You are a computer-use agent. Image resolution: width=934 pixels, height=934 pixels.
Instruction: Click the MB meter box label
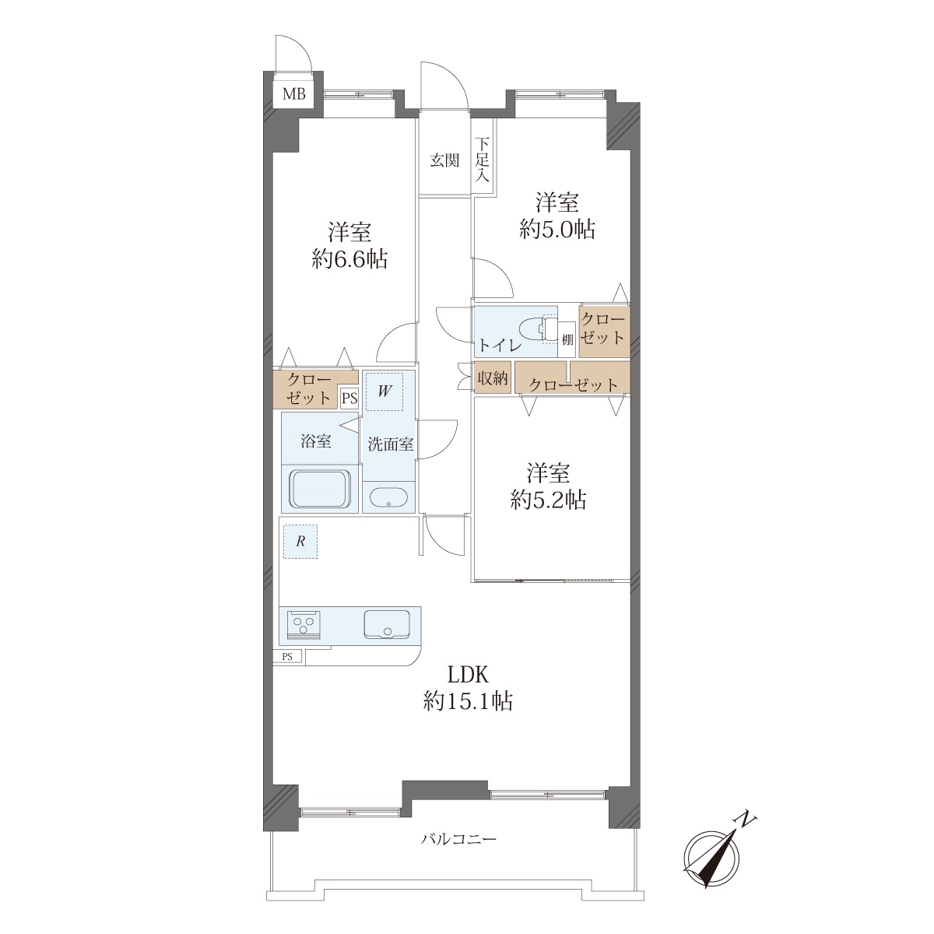294,94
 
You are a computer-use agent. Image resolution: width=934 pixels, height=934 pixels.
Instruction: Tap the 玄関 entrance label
444,160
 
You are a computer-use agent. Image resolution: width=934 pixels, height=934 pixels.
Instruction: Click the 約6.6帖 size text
349,260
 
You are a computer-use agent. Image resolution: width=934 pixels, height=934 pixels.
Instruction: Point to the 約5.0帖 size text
557,230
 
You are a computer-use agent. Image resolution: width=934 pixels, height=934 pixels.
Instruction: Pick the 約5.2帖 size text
548,500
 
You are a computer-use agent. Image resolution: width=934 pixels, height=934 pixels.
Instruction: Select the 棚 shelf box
567,339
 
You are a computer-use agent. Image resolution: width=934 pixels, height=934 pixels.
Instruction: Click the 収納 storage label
493,377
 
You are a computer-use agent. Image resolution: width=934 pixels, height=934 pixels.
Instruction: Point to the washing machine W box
384,392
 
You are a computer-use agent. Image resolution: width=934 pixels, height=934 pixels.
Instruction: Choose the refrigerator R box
300,542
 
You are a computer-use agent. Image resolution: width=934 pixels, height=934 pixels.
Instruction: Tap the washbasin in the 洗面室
388,497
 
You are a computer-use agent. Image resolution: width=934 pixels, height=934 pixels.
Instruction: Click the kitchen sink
387,625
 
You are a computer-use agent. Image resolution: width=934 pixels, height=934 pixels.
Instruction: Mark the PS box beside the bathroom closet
349,399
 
